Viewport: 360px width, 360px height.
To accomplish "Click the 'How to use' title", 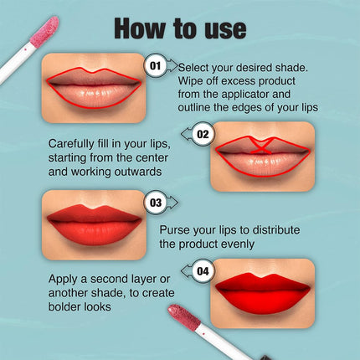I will point(180,28).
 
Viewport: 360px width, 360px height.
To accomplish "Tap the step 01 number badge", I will point(156,66).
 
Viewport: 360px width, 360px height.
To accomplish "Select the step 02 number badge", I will point(203,134).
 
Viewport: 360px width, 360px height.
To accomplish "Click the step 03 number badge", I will point(156,203).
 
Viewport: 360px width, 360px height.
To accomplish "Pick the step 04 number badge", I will point(203,271).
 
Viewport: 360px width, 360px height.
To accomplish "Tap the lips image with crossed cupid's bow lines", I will point(261,156).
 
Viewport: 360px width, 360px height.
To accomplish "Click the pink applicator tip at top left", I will point(43,32).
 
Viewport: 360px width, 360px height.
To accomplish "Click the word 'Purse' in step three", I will point(176,229).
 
